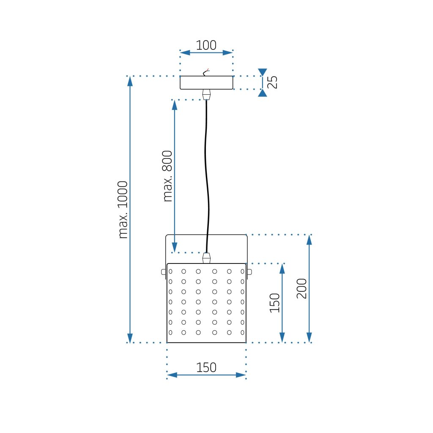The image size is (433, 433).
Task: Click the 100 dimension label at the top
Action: point(206,45)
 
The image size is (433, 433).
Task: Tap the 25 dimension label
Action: point(274,82)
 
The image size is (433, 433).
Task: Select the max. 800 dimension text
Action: point(168,175)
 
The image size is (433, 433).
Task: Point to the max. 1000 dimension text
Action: point(123,210)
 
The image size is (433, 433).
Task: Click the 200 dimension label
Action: point(301,288)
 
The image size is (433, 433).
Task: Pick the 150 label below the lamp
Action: point(206,367)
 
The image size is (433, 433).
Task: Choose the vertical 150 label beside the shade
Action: point(275,303)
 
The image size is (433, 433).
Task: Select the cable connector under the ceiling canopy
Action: point(206,95)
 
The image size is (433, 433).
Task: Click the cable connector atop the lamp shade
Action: point(206,258)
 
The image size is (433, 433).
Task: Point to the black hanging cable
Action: point(207,178)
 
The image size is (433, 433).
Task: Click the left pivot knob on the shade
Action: point(164,271)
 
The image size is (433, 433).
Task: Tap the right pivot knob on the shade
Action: point(249,271)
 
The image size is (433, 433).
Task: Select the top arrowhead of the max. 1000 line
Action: point(130,81)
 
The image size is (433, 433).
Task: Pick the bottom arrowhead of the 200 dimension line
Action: point(309,337)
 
